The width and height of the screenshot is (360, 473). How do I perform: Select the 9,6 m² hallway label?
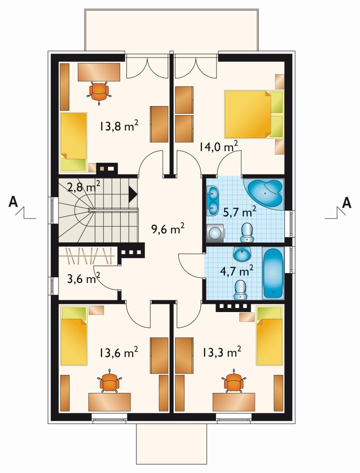[168, 229]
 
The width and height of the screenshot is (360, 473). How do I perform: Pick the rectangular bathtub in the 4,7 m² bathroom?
[273, 273]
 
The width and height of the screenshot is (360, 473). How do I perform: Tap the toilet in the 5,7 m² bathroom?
[247, 232]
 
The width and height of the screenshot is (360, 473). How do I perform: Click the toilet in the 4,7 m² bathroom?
[240, 290]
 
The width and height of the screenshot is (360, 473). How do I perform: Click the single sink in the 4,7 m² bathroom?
[242, 254]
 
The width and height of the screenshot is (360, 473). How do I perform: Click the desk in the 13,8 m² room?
[99, 72]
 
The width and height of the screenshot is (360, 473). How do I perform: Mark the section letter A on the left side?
[13, 202]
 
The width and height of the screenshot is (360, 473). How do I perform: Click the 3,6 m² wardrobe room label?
[84, 279]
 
